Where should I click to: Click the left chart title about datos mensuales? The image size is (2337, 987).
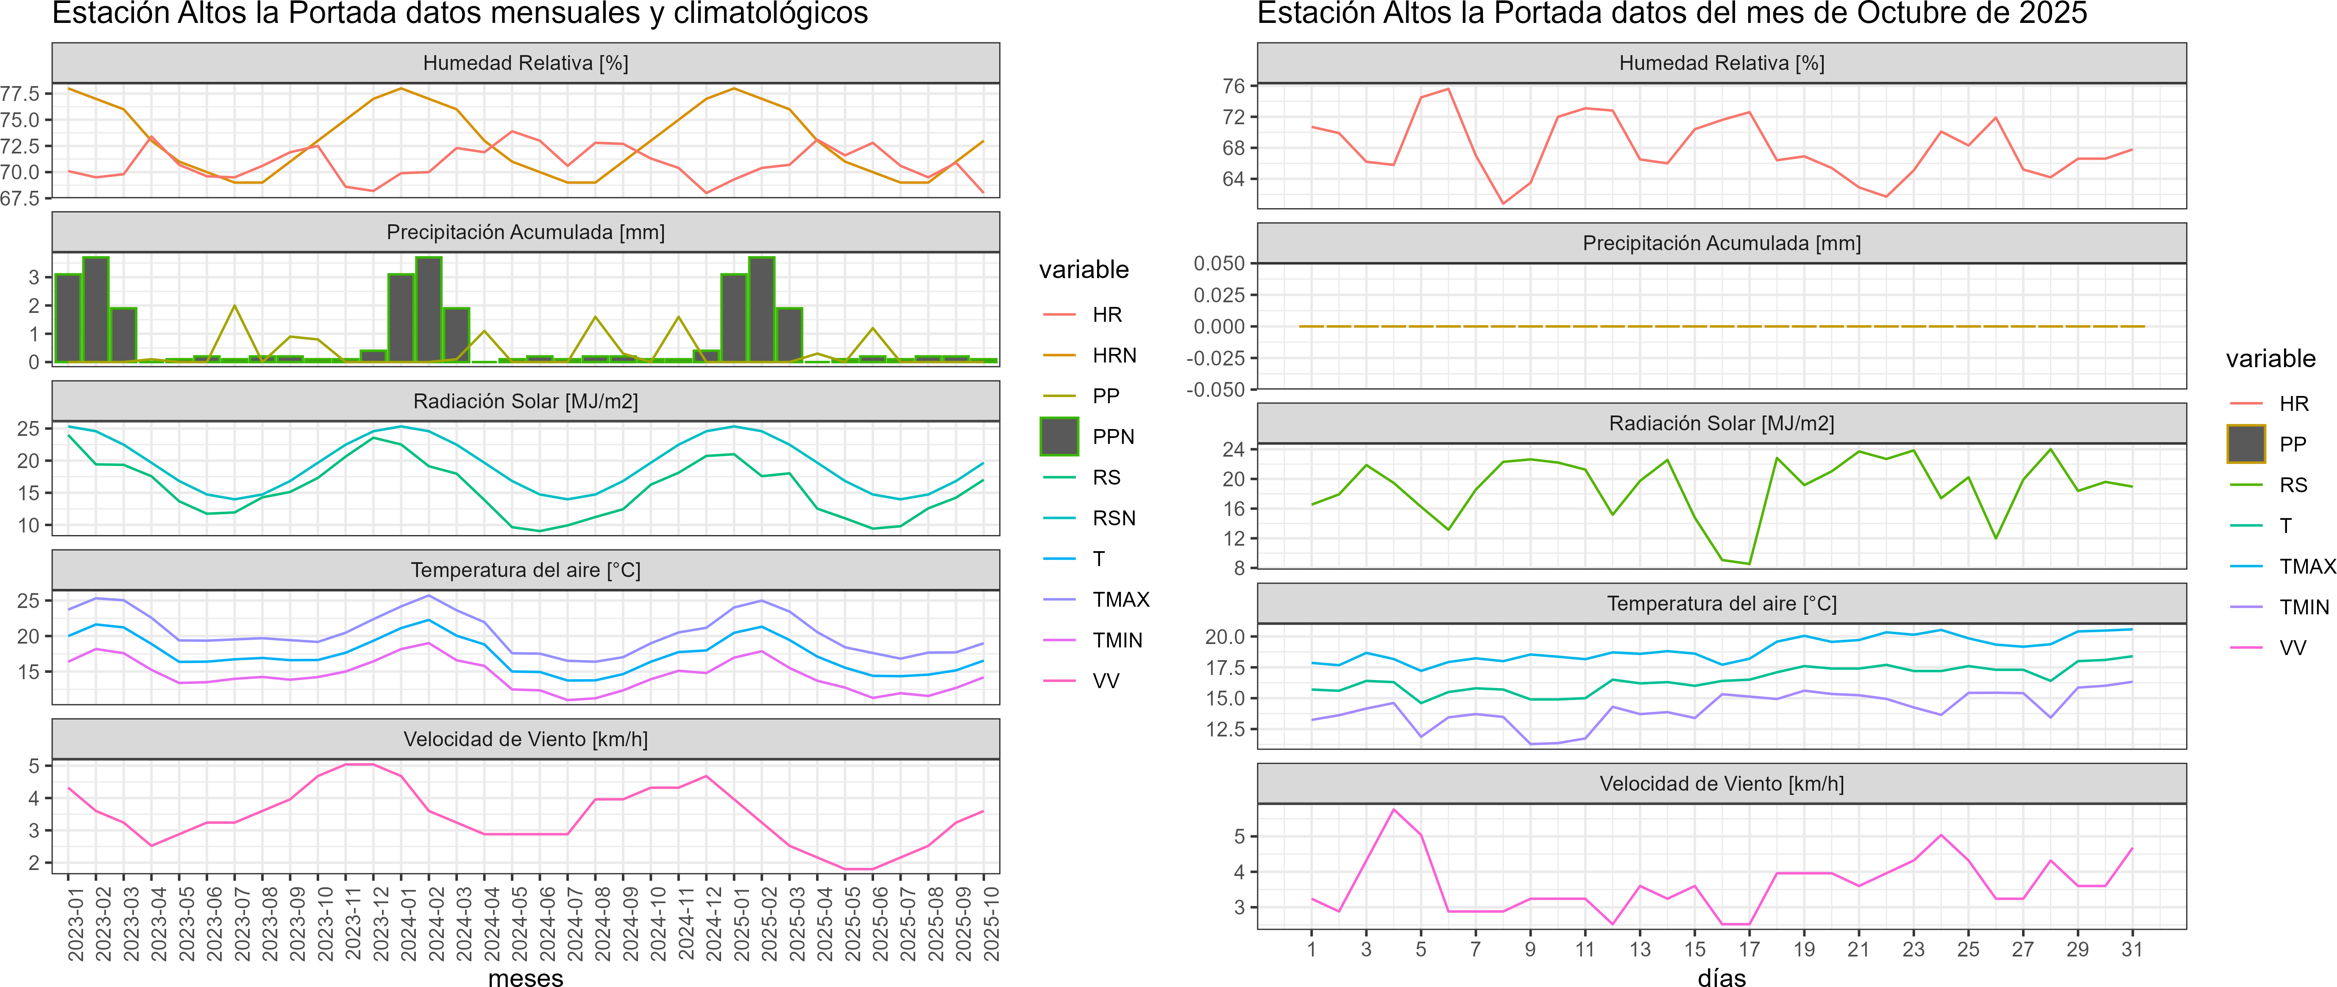(x=460, y=14)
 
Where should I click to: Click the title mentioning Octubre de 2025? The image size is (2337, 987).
(x=1672, y=14)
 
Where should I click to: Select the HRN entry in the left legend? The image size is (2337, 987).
(x=1114, y=356)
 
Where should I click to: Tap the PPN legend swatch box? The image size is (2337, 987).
(x=1059, y=436)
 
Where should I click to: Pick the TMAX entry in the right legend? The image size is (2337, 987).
(x=2307, y=567)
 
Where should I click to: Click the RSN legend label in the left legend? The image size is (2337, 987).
(x=1114, y=518)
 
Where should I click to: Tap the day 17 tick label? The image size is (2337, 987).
(x=1749, y=949)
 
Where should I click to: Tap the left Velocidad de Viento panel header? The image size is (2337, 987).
(x=525, y=739)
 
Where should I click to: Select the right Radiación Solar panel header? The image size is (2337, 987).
(x=1721, y=424)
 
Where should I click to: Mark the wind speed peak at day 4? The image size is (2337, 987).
(x=1393, y=809)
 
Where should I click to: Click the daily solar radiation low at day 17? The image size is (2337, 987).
(x=1749, y=563)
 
